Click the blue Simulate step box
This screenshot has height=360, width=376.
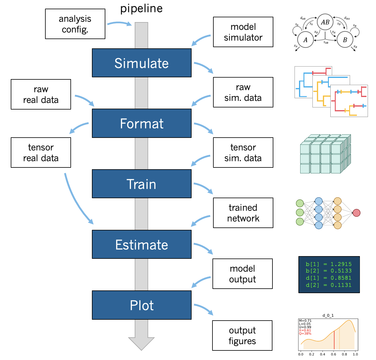[141, 63]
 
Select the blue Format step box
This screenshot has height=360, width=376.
[141, 123]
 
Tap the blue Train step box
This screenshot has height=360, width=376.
[141, 184]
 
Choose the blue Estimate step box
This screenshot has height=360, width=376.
[141, 244]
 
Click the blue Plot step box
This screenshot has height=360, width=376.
[141, 305]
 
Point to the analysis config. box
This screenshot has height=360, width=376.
[75, 24]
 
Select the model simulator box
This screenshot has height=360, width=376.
[243, 32]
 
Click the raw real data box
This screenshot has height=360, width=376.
[41, 94]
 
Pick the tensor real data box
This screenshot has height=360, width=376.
[41, 153]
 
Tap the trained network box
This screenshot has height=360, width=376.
[243, 213]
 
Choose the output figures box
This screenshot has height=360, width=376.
[242, 336]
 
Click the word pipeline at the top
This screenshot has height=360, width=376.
[141, 8]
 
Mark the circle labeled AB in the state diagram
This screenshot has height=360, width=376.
[325, 22]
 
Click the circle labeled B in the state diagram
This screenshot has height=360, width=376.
[345, 40]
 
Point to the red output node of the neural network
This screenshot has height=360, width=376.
[356, 213]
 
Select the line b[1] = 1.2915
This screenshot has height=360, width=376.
[329, 264]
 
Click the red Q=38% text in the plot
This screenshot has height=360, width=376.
[305, 333]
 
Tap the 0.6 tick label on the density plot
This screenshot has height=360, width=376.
[333, 354]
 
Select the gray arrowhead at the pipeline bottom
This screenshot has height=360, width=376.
[141, 343]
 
